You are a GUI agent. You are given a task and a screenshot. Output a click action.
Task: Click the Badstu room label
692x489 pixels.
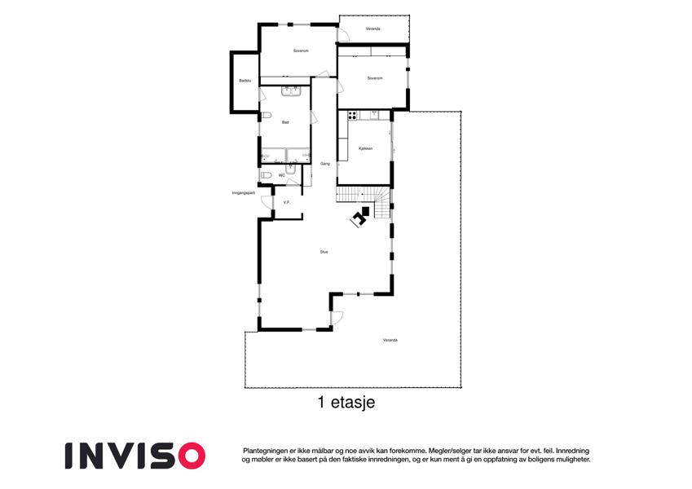[245, 81]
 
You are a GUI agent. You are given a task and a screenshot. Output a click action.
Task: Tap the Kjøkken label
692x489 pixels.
[365, 148]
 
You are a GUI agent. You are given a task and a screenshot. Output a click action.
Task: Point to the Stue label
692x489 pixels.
[324, 252]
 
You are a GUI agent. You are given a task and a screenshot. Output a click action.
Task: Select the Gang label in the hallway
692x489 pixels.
[325, 164]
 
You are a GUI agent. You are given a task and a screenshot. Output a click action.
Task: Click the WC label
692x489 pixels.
[281, 175]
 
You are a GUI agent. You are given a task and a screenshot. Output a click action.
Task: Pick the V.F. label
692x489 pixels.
[286, 203]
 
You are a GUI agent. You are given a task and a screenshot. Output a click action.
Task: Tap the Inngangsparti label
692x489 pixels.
[244, 193]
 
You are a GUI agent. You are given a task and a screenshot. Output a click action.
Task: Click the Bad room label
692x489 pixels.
[285, 122]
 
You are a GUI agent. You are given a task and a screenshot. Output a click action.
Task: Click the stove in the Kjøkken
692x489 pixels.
[352, 116]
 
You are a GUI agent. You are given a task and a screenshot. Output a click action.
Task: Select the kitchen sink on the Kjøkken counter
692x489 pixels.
[374, 115]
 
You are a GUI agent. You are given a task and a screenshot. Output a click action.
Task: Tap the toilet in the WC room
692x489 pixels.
[266, 175]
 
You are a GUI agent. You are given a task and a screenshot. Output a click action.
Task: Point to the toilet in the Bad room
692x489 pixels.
[265, 116]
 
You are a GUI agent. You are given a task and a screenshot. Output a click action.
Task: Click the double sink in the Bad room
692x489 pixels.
[291, 91]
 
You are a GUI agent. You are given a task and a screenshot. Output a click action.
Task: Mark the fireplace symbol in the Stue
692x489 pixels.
[360, 217]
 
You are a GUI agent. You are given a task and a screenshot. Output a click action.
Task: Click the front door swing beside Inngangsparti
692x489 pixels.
[267, 202]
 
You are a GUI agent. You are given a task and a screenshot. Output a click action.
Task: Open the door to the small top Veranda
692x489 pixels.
[343, 35]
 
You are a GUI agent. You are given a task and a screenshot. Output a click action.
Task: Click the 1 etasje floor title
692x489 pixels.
[346, 403]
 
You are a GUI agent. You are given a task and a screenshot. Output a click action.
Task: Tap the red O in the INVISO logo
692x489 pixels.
[192, 456]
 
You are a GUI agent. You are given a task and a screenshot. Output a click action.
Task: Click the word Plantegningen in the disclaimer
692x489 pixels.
[264, 451]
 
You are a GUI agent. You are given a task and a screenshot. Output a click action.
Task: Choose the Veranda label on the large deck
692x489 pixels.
[390, 341]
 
